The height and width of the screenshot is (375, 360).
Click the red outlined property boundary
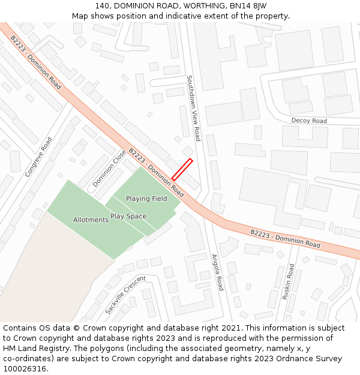click(x=182, y=169)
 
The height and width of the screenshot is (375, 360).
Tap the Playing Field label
click(x=146, y=199)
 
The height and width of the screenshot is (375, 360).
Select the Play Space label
click(x=128, y=216)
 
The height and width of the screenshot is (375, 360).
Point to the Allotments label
click(x=91, y=220)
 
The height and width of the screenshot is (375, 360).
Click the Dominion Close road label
click(x=109, y=168)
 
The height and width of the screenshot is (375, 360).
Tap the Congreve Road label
click(x=38, y=157)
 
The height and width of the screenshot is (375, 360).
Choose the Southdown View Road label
click(x=193, y=108)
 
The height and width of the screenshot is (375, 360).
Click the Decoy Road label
click(x=309, y=121)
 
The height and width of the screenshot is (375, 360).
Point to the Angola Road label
click(x=217, y=272)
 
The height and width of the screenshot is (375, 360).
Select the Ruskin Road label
click(x=289, y=281)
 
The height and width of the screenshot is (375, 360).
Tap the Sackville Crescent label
click(x=125, y=295)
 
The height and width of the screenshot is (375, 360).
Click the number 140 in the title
click(x=102, y=6)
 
